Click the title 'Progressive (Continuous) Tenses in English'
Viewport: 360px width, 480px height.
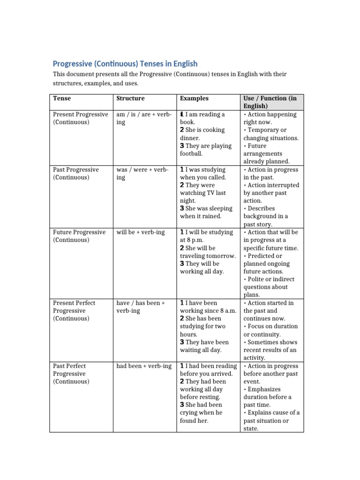click(x=125, y=64)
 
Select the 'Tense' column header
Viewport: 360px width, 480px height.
click(x=62, y=98)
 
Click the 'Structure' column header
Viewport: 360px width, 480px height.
click(x=130, y=98)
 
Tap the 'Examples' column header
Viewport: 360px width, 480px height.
click(x=194, y=98)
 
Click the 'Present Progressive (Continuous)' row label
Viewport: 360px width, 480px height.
click(x=80, y=118)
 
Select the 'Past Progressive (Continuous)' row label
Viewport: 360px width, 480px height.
click(x=75, y=173)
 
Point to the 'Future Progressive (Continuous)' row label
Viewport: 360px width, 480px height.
click(x=79, y=236)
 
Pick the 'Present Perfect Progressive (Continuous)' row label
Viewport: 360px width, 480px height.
click(x=74, y=310)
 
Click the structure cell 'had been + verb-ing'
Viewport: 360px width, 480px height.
click(x=144, y=366)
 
